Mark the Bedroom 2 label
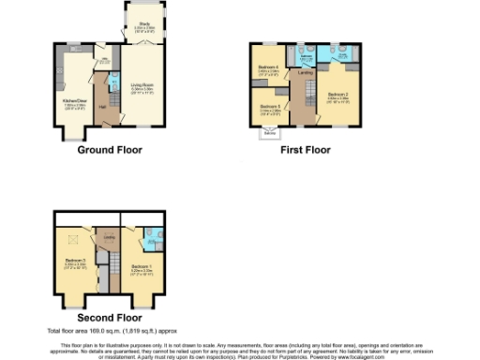pyautogui.click(x=337, y=95)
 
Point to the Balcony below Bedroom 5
pyautogui.click(x=270, y=133)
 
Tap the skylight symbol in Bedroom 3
pyautogui.click(x=70, y=239)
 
